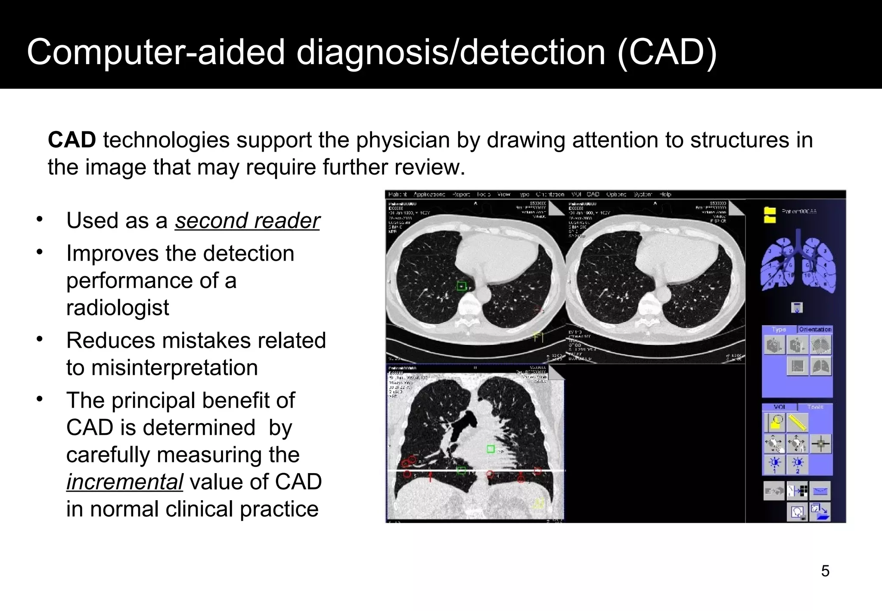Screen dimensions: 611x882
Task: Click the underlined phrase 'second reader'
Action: [x=247, y=221]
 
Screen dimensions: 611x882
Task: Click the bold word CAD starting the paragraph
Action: [x=72, y=140]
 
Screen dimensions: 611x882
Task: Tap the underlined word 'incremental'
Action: [x=124, y=482]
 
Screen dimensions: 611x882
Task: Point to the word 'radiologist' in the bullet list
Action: [x=118, y=308]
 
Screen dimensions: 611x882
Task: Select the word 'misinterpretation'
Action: [x=174, y=368]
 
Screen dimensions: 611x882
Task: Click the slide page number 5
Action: [x=825, y=571]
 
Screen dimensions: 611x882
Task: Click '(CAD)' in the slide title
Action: [x=667, y=53]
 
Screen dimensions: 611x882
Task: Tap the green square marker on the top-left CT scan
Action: [x=461, y=286]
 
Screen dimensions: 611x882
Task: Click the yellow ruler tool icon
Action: [x=797, y=423]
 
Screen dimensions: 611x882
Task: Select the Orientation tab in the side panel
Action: [x=815, y=330]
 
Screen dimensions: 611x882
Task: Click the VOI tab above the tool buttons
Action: [x=779, y=407]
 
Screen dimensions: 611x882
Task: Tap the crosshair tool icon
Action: [x=820, y=444]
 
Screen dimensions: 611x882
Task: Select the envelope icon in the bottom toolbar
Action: [x=820, y=491]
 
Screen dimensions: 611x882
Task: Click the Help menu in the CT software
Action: [x=665, y=194]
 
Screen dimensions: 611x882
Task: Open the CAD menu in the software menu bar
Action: [x=593, y=194]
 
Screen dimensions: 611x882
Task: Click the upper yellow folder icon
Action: [x=769, y=211]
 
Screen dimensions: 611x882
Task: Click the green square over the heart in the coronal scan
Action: [x=491, y=449]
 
